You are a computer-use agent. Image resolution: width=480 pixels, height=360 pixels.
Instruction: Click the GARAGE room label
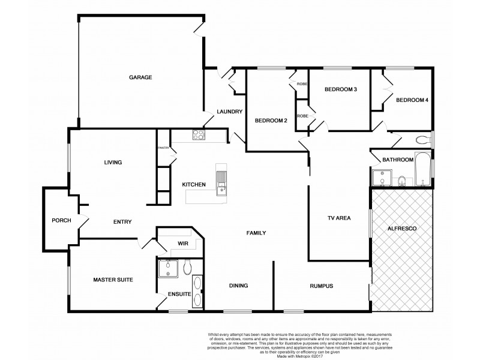point(139,77)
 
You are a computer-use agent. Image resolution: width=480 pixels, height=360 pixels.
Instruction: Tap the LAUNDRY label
point(229,112)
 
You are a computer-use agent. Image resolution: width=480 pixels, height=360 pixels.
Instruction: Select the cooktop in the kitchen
point(198,135)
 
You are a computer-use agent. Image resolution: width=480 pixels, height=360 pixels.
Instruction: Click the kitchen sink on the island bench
point(221,181)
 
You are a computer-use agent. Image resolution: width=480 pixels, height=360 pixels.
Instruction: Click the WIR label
point(184,244)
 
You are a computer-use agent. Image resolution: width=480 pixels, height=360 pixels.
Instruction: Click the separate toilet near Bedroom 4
point(423,139)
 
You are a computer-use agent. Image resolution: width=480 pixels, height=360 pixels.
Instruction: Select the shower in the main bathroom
point(380,178)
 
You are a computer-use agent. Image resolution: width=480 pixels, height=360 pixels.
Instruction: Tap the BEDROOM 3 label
point(341,89)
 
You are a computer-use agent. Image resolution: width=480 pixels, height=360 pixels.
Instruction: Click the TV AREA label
point(338,218)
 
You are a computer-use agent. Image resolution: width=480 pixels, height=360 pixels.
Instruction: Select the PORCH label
point(61,220)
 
